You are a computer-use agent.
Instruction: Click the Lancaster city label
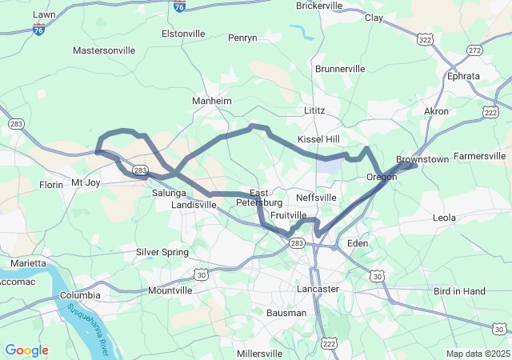pyautogui.click(x=318, y=288)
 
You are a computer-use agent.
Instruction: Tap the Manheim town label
pyautogui.click(x=211, y=102)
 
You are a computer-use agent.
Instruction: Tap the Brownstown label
pyautogui.click(x=422, y=159)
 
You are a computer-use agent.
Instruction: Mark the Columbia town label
pyautogui.click(x=80, y=295)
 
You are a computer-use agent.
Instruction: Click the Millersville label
pyautogui.click(x=259, y=353)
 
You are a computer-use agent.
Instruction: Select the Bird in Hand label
pyautogui.click(x=458, y=291)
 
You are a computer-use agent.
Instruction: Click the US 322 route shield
pyautogui.click(x=426, y=38)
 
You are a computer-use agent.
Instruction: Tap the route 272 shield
pyautogui.click(x=475, y=50)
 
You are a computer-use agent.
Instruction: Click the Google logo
pyautogui.click(x=26, y=350)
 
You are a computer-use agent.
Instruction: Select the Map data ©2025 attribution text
pyautogui.click(x=477, y=354)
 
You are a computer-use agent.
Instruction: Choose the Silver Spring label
pyautogui.click(x=162, y=252)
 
